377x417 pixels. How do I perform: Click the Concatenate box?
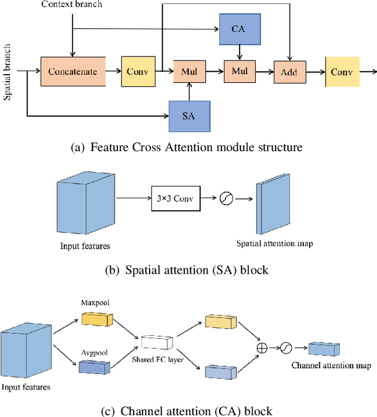tap(73, 72)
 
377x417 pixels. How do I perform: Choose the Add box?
tap(289, 72)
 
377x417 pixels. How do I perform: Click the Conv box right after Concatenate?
tap(137, 72)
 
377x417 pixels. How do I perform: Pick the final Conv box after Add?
tap(342, 72)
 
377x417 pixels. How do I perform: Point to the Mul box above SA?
tap(189, 72)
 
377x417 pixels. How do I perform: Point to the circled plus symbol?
tap(262, 348)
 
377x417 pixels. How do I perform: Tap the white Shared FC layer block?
tap(157, 341)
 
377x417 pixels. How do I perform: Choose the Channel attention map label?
tap(331, 365)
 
